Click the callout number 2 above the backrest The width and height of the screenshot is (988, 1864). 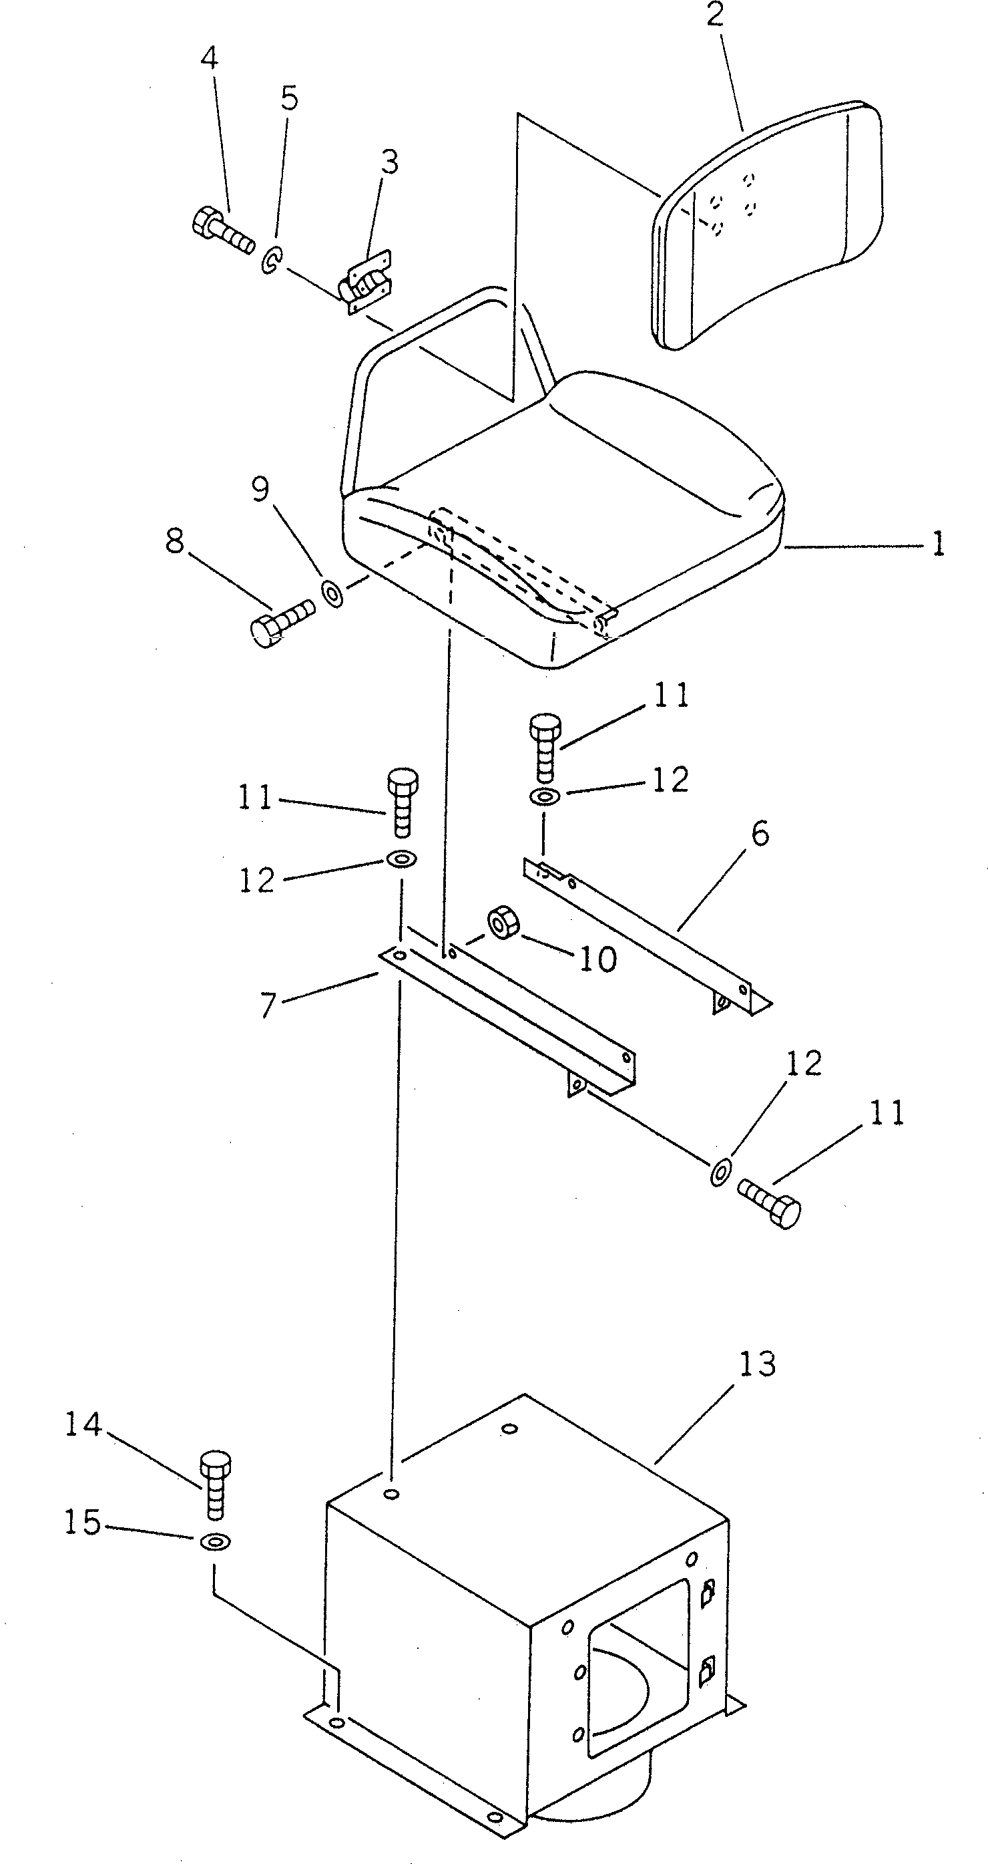pyautogui.click(x=714, y=15)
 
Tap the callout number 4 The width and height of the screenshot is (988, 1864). pyautogui.click(x=208, y=58)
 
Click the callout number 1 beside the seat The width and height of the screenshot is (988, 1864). pyautogui.click(x=938, y=544)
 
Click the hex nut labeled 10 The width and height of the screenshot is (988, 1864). pyautogui.click(x=504, y=924)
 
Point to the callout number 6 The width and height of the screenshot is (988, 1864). pyautogui.click(x=760, y=834)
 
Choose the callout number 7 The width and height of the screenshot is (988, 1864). pyautogui.click(x=268, y=1005)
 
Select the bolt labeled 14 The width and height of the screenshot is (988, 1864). pyautogui.click(x=215, y=1487)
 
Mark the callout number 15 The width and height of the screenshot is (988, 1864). pyautogui.click(x=81, y=1523)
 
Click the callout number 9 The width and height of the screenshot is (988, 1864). pyautogui.click(x=260, y=490)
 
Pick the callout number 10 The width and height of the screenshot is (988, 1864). pyautogui.click(x=597, y=959)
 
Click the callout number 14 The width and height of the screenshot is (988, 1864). pyautogui.click(x=83, y=1425)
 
